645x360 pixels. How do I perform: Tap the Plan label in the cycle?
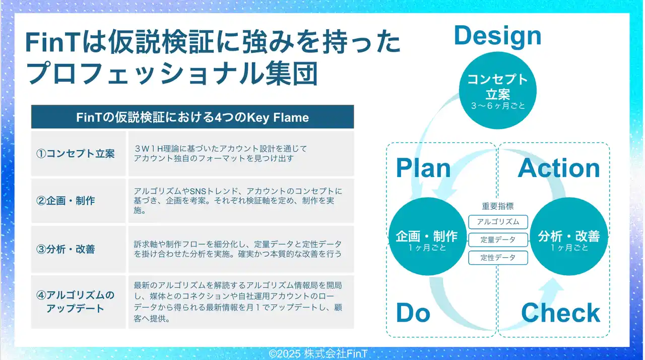coord(423,168)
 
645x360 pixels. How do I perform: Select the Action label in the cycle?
coord(559,168)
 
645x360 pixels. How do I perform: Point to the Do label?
coord(413,313)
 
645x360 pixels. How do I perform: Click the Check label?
coord(561,313)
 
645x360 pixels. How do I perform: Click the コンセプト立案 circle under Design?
coord(497,90)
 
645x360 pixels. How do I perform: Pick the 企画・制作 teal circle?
coord(427,236)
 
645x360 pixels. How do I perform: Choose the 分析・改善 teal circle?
coord(569,236)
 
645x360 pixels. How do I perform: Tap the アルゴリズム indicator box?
coord(498,222)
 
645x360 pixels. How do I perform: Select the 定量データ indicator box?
coord(498,240)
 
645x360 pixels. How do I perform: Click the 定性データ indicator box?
coord(498,258)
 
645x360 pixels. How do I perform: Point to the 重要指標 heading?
coord(498,206)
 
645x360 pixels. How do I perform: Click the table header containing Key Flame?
coord(192,117)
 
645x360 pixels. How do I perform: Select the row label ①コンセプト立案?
coord(76,153)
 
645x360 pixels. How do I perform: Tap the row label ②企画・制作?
coord(66,201)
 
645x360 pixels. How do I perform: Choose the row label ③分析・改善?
coord(66,249)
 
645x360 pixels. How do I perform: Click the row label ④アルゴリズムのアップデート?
coord(76,302)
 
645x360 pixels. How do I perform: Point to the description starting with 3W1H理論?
coord(221,153)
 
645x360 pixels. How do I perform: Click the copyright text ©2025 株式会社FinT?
coord(318,353)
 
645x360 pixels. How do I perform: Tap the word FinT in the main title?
coord(53,43)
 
